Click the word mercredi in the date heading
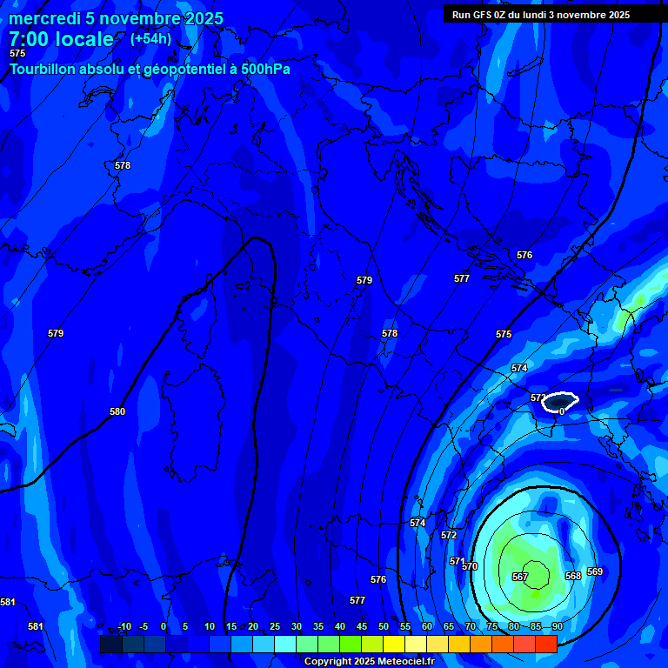pyautogui.click(x=44, y=19)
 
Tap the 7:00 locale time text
pyautogui.click(x=61, y=39)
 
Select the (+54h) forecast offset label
pyautogui.click(x=150, y=39)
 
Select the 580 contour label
pyautogui.click(x=117, y=411)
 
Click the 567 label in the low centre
pyautogui.click(x=520, y=577)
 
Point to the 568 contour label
pyautogui.click(x=572, y=576)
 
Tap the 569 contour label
pyautogui.click(x=595, y=571)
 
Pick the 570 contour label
pyautogui.click(x=471, y=566)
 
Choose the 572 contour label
pyautogui.click(x=449, y=535)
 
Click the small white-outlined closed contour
pyautogui.click(x=558, y=401)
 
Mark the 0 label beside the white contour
pyautogui.click(x=562, y=411)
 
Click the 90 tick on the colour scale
pyautogui.click(x=556, y=626)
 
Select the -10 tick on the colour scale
pyautogui.click(x=124, y=626)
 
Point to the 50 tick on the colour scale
pyautogui.click(x=384, y=626)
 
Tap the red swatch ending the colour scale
pyautogui.click(x=545, y=644)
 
